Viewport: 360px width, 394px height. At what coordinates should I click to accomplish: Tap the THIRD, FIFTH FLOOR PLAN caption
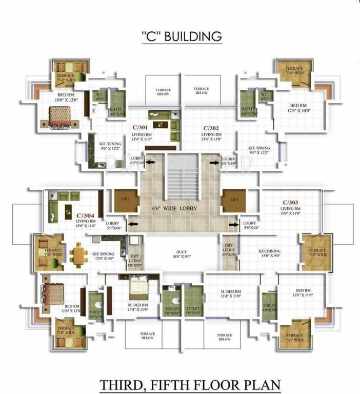point(191,384)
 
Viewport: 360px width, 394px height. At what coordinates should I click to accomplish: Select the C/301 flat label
point(140,128)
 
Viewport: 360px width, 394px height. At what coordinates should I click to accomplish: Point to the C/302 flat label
point(211,128)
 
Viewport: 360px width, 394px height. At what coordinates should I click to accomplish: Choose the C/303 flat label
point(290,202)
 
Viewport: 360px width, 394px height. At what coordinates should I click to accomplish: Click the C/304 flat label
point(85,216)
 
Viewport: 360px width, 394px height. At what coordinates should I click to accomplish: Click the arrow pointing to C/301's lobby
point(151,163)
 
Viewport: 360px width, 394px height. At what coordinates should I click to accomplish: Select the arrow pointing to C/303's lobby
point(234,223)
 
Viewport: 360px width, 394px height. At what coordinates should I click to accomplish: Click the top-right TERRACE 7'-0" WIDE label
point(294,70)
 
